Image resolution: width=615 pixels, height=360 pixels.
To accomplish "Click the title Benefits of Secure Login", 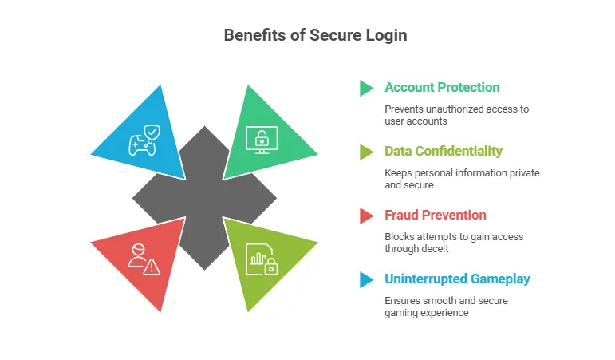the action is pos(307,35).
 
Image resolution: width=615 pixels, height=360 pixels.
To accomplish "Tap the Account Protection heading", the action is pos(442,87).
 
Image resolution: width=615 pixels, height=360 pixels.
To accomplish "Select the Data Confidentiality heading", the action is pos(443,151).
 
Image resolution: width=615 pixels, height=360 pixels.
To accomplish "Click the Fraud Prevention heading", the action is pos(435,215).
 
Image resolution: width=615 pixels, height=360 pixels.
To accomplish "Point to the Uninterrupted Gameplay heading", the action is pos(456,279).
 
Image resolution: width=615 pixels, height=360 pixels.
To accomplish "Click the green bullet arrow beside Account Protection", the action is pos(367,87).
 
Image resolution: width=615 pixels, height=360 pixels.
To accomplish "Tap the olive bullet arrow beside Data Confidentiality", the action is pos(367,151).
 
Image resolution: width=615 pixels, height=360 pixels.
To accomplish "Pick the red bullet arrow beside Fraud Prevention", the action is pos(367,215).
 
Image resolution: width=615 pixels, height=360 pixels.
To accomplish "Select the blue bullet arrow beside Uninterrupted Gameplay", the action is pos(367,279).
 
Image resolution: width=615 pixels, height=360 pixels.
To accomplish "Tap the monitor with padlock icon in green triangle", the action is pos(261,138).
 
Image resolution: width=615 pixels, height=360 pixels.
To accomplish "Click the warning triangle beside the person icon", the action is pos(151,266).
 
